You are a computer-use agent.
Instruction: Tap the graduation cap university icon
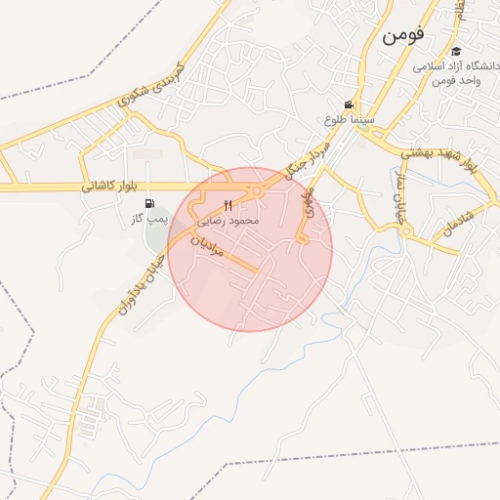point(456,52)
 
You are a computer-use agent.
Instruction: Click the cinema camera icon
point(349,104)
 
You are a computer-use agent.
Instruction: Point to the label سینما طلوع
point(347,118)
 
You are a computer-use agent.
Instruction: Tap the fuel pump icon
point(148,204)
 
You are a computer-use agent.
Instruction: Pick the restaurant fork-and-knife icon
point(229,205)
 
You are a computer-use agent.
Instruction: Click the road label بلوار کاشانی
point(114,186)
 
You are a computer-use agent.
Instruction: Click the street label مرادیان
point(209,247)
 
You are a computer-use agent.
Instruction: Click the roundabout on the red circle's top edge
point(257,190)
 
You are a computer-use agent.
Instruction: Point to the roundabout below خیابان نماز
point(406,231)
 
